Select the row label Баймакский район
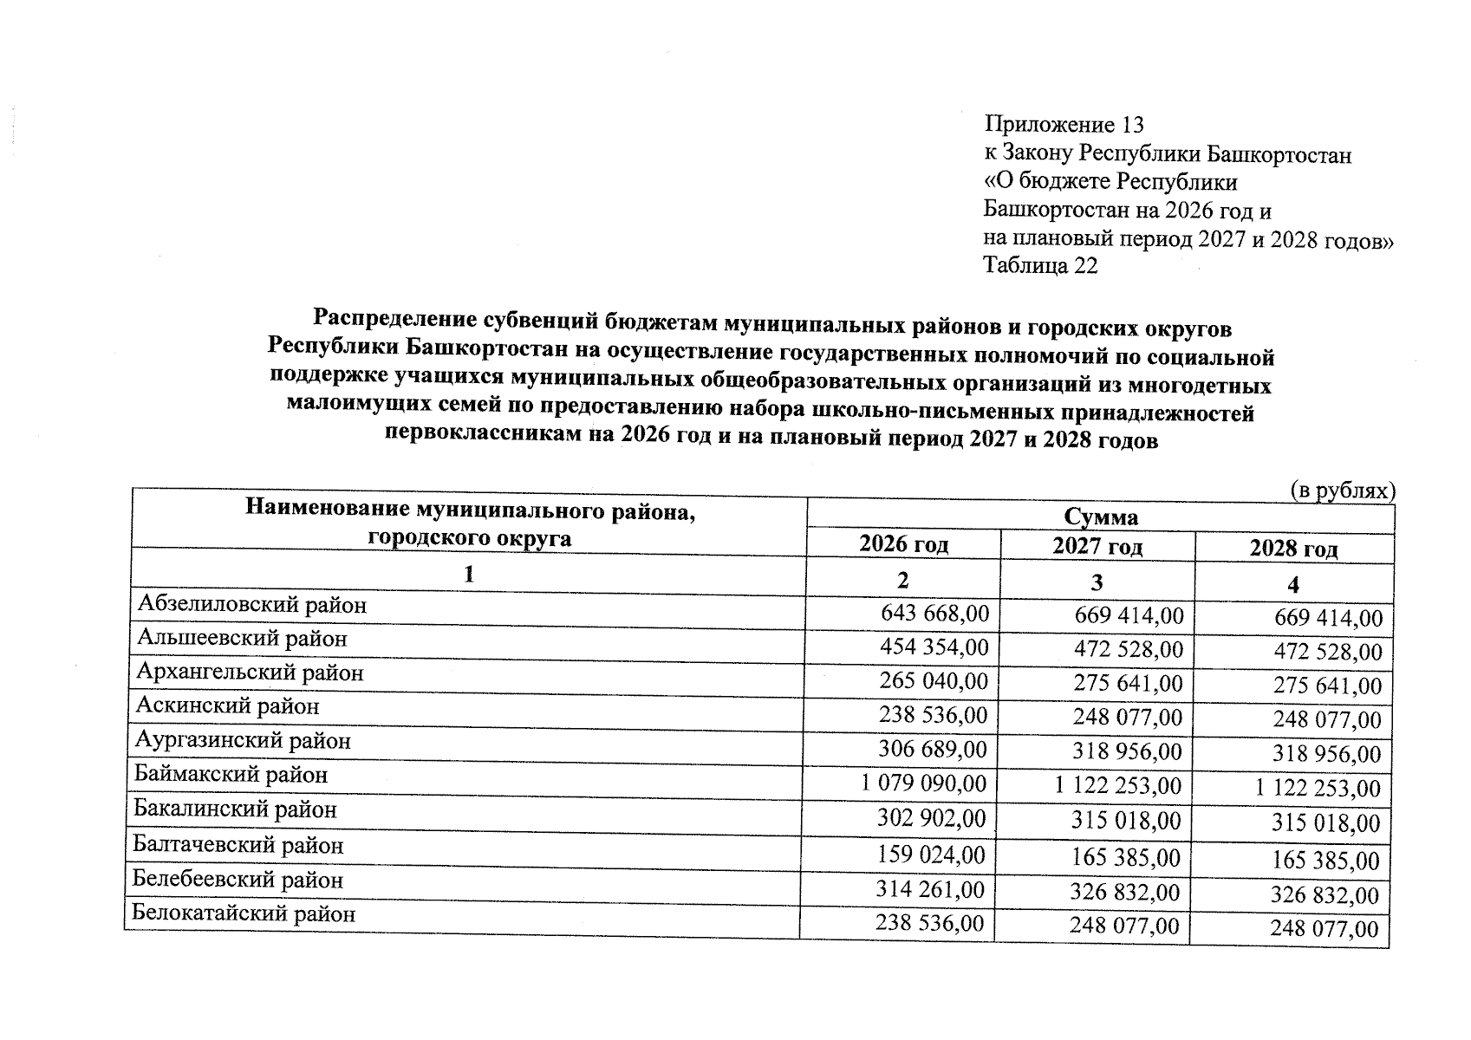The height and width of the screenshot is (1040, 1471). coord(231,774)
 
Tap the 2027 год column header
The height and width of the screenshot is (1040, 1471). coord(1097,546)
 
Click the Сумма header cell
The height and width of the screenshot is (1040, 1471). coord(1101,517)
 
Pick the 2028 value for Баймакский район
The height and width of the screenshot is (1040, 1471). coord(1318,788)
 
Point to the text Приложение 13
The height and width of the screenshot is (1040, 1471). coord(1064,126)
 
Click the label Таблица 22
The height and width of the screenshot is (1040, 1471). coord(1040,265)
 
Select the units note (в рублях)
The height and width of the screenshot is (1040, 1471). coord(1343,491)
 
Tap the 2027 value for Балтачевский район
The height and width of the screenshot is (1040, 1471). coord(1125,857)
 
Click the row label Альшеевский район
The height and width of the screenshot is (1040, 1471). coord(243,639)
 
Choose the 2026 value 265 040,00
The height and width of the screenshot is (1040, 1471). coord(934,681)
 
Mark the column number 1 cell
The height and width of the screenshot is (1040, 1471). coord(469,575)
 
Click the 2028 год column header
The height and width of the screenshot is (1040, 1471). coord(1293,549)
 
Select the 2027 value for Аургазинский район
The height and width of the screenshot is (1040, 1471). coord(1127,751)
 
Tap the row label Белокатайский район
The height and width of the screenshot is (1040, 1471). coord(244,913)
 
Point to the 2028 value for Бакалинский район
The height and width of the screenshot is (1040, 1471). coord(1325,822)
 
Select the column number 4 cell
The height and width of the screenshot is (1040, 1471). coord(1292,585)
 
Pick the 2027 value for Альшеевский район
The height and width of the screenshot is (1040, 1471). coord(1129,648)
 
